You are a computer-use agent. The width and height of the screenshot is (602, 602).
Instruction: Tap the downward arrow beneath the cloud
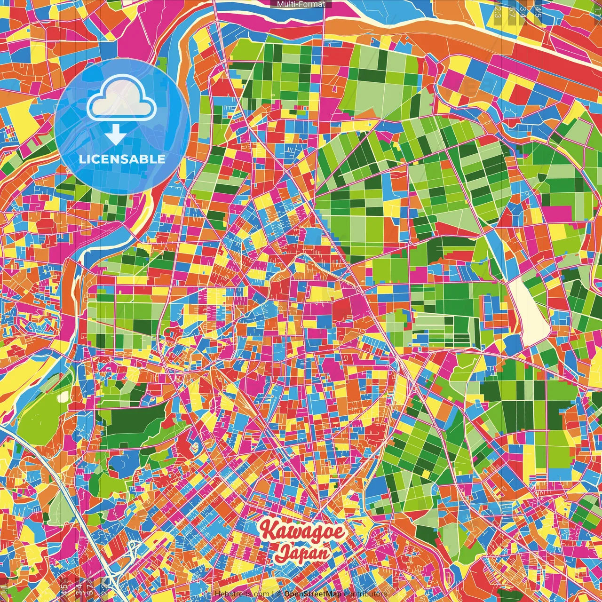[115, 136]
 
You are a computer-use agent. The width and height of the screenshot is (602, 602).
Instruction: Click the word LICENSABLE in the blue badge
[122, 159]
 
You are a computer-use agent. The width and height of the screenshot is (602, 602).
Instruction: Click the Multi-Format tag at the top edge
[301, 4]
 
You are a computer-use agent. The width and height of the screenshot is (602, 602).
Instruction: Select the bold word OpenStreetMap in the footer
[313, 594]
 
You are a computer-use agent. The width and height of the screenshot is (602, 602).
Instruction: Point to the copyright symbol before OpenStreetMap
[279, 594]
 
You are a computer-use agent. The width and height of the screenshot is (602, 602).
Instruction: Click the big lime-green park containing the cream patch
[42, 414]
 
